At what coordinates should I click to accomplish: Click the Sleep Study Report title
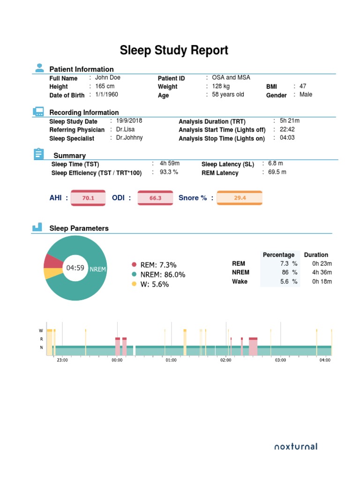point(174,51)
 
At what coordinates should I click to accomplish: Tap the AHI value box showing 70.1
point(88,198)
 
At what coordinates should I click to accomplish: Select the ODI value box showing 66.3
point(155,198)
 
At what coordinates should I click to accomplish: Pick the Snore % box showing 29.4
point(240,198)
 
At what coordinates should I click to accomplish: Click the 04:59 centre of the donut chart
point(75,268)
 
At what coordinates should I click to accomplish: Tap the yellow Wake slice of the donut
point(51,274)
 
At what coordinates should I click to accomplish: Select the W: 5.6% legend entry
point(154,285)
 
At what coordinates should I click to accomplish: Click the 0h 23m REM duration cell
point(322,264)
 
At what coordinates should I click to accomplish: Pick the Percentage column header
point(278,255)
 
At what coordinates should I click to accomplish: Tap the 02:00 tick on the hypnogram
point(225,360)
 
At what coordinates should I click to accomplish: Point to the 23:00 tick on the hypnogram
point(62,360)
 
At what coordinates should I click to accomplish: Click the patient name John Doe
point(108,78)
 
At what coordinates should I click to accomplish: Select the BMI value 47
point(303,86)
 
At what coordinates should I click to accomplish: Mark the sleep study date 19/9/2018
point(129,120)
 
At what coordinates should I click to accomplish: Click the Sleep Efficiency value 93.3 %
point(169,172)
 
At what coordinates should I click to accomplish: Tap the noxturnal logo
point(296,446)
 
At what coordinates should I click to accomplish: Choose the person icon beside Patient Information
point(39,68)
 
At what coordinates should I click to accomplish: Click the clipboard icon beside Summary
point(38,154)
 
